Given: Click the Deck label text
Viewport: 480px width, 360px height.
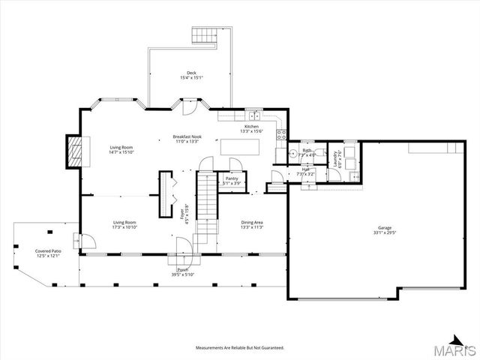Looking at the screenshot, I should (192, 73).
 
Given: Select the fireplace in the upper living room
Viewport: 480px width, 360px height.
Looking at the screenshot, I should (74, 151).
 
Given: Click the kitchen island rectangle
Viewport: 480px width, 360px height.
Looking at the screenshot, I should (240, 147).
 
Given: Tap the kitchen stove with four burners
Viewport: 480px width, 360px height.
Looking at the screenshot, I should (282, 135).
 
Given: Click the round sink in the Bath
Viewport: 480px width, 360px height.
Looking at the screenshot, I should (293, 156).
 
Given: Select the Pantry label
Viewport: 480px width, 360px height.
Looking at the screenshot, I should (232, 178).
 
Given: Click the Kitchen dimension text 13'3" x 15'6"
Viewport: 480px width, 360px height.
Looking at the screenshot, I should (251, 131).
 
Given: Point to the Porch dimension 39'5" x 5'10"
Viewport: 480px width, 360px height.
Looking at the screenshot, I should (182, 274).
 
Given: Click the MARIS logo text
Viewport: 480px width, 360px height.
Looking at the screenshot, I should (458, 350).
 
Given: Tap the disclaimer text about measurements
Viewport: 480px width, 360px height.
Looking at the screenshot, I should (239, 348).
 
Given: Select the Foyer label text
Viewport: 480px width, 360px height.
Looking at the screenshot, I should (181, 213).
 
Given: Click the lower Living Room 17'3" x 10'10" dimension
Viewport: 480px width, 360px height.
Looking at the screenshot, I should (124, 227).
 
